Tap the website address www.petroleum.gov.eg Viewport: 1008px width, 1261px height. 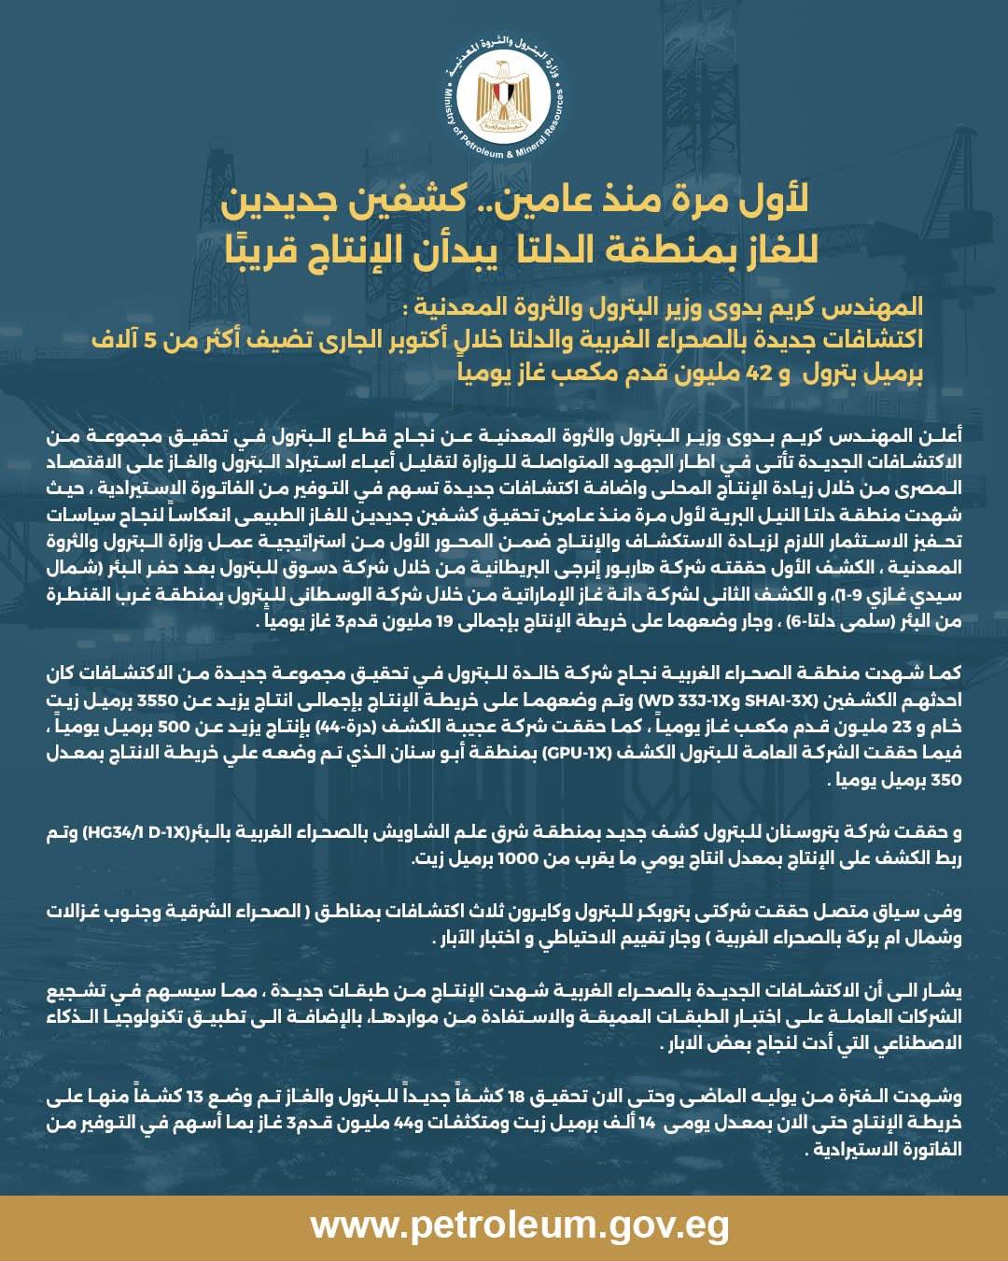[520, 1225]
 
